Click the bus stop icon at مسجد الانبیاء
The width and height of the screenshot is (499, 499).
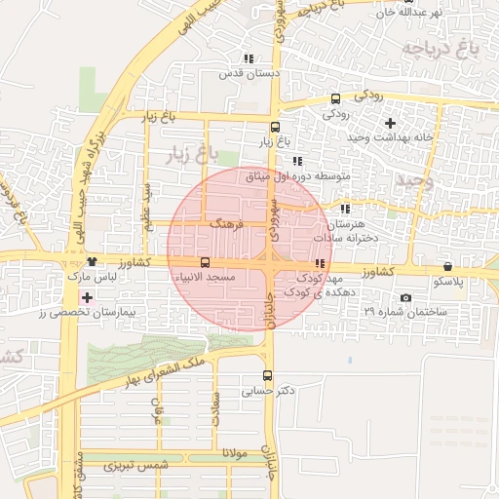[205, 263]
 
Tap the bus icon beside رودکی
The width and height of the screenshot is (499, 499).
[336, 98]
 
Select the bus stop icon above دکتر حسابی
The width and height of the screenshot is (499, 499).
[268, 375]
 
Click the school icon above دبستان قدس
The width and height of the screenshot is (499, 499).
[249, 58]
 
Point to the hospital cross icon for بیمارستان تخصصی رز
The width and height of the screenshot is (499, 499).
[88, 297]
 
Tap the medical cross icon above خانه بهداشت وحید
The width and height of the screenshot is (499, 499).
[391, 123]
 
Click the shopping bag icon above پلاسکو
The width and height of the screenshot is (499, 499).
[447, 266]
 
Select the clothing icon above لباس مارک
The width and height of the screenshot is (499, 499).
[92, 261]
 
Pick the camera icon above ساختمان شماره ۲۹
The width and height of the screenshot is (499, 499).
[405, 297]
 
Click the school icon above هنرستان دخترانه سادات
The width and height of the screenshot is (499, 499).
[345, 209]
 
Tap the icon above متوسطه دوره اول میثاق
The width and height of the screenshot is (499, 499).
[297, 161]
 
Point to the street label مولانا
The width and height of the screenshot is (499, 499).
[237, 454]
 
